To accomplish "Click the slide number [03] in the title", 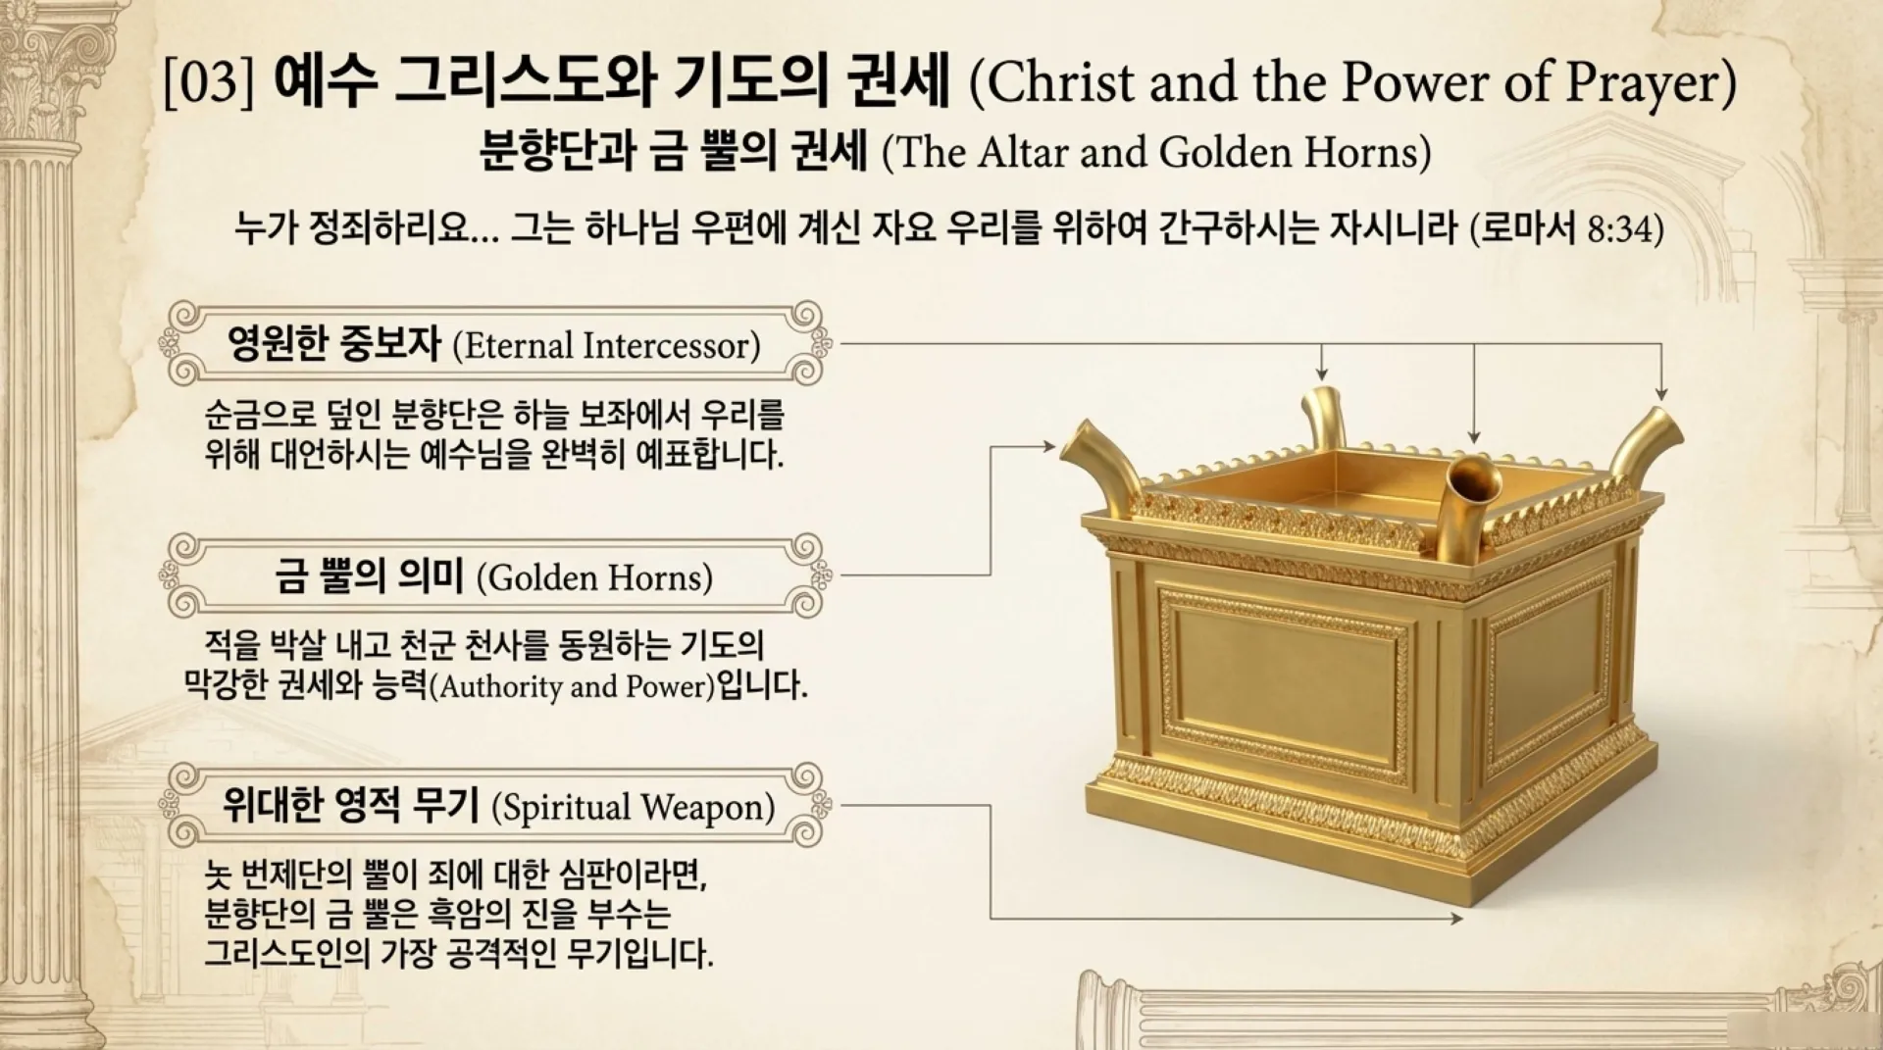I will tap(208, 83).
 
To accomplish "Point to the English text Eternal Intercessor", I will tap(606, 346).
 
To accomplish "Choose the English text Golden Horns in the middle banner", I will tap(594, 577).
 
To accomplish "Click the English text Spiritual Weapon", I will tap(633, 808).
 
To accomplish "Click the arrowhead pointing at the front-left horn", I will tap(1049, 447).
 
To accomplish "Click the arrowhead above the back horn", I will tap(1322, 375).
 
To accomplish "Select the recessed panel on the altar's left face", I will tap(1285, 686).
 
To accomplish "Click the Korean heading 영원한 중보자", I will tap(333, 344).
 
